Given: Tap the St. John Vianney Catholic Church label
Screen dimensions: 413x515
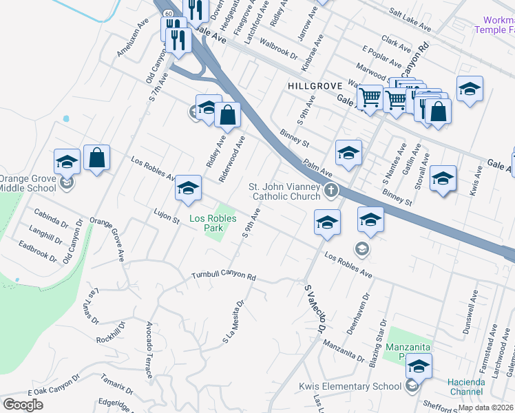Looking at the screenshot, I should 285,191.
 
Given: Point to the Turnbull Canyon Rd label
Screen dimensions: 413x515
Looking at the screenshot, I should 224,276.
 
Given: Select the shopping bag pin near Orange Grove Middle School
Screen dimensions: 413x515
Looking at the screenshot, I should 97,158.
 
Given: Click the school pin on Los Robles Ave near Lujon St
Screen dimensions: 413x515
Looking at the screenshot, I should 188,188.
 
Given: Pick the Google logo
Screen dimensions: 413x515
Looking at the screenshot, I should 23,405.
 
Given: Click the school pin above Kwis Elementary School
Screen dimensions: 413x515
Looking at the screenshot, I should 419,366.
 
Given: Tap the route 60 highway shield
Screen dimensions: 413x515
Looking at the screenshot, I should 168,14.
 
